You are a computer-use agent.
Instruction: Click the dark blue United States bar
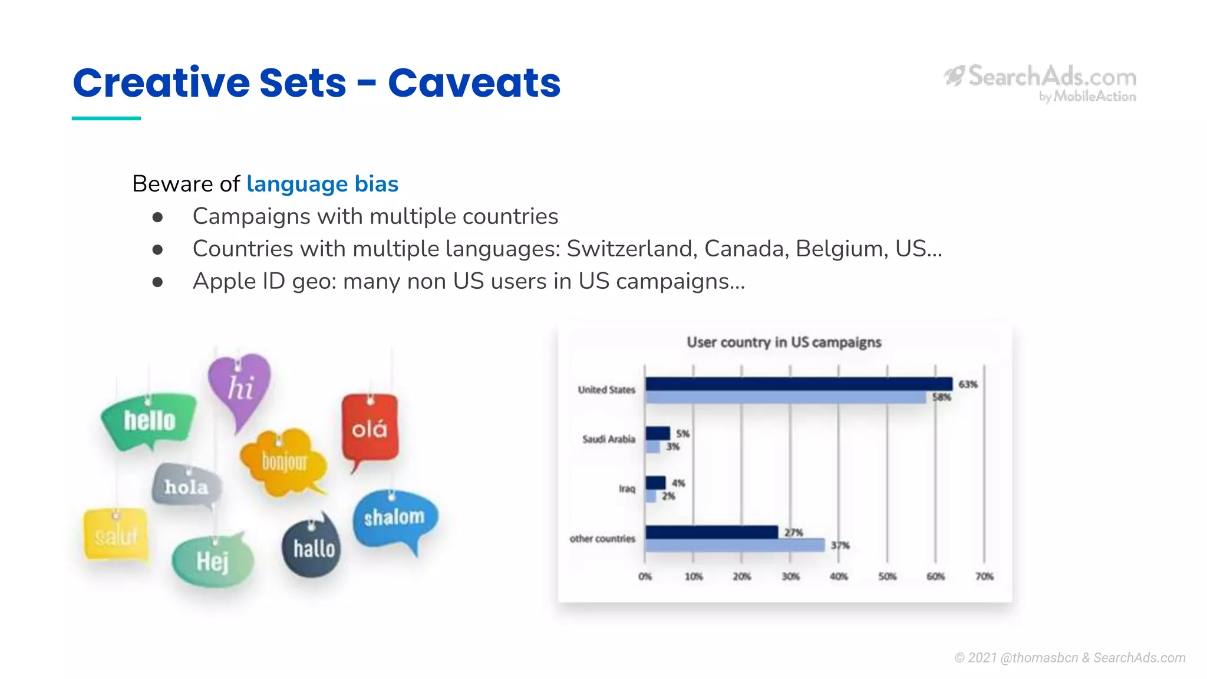tap(799, 384)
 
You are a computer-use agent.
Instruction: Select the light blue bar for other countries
tap(734, 545)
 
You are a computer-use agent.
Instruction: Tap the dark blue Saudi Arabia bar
tap(658, 433)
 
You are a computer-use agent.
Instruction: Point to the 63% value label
tap(968, 384)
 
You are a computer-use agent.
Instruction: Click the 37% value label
tap(840, 545)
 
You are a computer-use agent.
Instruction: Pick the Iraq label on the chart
tap(626, 489)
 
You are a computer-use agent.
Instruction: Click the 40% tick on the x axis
tap(839, 576)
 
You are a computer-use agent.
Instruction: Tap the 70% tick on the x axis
tap(984, 576)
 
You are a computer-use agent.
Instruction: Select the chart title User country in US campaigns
tap(784, 342)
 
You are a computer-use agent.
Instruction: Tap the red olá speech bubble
tap(370, 429)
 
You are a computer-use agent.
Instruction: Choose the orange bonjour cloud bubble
tap(284, 462)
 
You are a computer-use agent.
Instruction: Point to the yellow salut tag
tap(116, 535)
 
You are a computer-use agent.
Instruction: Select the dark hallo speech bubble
tap(313, 548)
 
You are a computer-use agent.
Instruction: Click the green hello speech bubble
tap(149, 421)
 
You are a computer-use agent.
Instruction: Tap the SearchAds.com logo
tap(1041, 83)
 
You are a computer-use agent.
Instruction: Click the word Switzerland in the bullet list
tap(631, 249)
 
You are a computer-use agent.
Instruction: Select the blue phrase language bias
tap(322, 184)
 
